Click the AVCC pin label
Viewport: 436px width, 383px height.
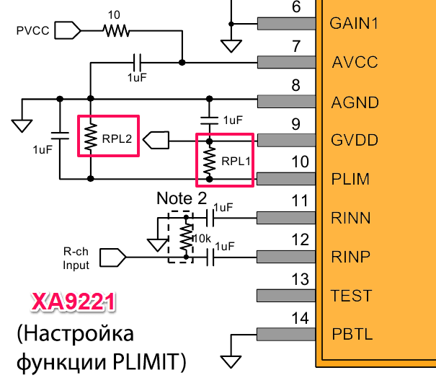coord(355,62)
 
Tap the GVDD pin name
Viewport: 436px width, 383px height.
coord(355,140)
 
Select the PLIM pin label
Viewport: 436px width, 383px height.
coord(350,179)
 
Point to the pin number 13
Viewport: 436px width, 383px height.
coord(300,279)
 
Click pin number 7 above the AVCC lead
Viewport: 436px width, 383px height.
coord(296,46)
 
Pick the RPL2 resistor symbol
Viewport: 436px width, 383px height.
coord(91,137)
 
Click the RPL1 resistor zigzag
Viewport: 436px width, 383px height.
coord(210,160)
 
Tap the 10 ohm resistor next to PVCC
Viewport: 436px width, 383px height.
coord(116,30)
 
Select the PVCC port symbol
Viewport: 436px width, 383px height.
coord(68,30)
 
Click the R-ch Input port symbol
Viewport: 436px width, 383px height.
coord(113,257)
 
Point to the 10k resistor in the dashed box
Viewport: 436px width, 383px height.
coord(186,237)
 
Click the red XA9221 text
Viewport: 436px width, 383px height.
coord(74,301)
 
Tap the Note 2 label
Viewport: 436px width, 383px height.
coord(182,198)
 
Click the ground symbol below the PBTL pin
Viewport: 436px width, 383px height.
coord(231,362)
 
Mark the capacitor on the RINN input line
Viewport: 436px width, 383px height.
coord(210,218)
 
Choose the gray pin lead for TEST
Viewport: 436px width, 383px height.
coord(286,296)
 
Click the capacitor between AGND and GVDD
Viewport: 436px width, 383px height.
coord(210,120)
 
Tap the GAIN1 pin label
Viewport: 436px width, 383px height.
coord(354,23)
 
